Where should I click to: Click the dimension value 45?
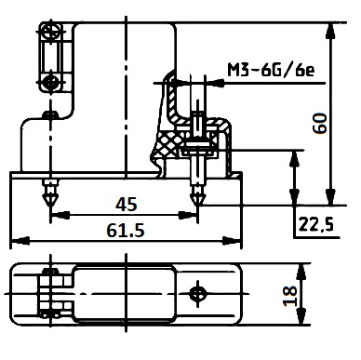coord(127,205)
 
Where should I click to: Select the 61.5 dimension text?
coord(126,231)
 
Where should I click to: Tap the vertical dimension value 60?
coord(320,124)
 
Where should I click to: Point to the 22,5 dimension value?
coord(316,224)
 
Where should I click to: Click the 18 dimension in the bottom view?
coord(290,296)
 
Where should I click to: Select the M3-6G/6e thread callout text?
coord(271,71)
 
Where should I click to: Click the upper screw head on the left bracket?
coord(50,31)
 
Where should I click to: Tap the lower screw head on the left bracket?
coord(49,82)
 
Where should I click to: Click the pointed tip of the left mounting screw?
coord(50,205)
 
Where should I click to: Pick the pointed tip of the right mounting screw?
coord(197,205)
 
